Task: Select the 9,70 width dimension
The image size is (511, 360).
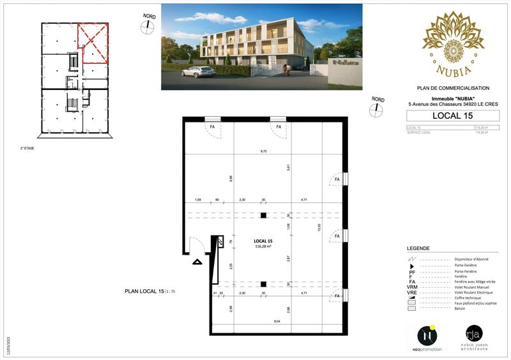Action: [263, 151]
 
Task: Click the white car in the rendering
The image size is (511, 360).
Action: [197, 71]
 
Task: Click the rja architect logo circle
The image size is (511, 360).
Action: [473, 333]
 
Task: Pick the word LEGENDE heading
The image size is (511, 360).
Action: [418, 248]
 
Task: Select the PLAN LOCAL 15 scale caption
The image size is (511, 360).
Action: [149, 291]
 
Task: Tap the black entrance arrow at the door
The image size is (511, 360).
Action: [197, 260]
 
